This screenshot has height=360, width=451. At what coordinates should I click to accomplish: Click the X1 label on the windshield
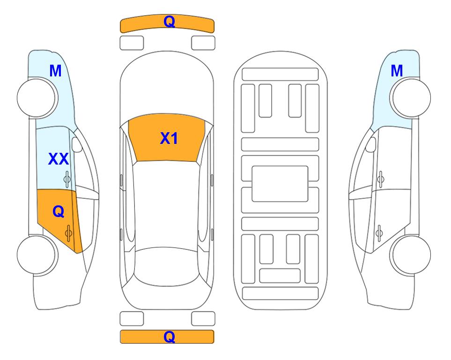click(169, 138)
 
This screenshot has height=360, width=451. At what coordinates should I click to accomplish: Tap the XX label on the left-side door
click(59, 159)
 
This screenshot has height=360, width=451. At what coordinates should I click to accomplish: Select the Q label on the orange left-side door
click(59, 212)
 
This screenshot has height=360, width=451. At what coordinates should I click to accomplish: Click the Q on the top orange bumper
click(169, 22)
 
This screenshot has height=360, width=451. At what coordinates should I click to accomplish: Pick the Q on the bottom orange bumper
click(169, 337)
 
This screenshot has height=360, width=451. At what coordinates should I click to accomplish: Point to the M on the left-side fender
click(56, 71)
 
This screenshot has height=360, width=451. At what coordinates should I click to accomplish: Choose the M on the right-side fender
click(397, 71)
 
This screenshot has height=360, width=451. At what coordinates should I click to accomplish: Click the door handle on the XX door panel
click(67, 180)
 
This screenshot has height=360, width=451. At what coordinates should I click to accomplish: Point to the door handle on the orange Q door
click(68, 233)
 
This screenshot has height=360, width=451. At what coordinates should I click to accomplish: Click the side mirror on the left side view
click(77, 144)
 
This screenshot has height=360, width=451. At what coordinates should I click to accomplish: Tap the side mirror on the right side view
click(371, 144)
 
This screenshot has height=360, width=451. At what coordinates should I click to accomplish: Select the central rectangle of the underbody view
click(280, 184)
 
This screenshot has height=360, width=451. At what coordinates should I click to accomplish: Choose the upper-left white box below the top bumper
click(132, 43)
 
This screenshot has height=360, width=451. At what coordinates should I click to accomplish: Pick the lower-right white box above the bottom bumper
click(203, 319)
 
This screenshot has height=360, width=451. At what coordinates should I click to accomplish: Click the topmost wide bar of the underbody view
click(280, 75)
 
